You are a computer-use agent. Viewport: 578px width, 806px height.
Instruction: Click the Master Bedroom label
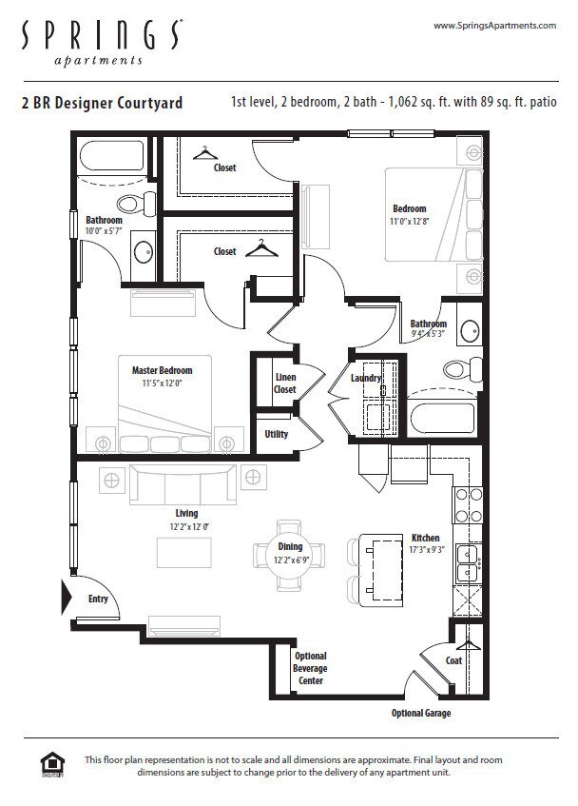(x=162, y=370)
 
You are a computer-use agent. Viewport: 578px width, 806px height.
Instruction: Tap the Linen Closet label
(x=285, y=383)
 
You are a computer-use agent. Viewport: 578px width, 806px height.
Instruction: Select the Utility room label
(x=277, y=434)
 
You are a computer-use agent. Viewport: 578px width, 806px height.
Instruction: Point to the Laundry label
(x=366, y=378)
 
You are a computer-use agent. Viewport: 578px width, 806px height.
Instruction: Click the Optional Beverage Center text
(x=310, y=668)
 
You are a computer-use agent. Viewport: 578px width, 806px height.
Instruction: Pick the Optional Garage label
(x=421, y=713)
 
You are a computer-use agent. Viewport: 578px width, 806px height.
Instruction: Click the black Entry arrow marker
(x=67, y=598)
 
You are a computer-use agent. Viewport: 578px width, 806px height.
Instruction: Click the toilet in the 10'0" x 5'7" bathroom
(x=136, y=203)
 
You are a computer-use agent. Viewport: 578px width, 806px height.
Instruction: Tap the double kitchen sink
(x=467, y=563)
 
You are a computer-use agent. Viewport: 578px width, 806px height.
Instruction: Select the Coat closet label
(x=454, y=660)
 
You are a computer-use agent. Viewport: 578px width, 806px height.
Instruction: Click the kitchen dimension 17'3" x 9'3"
(x=425, y=550)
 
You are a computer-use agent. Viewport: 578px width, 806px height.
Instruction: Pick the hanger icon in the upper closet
(x=204, y=152)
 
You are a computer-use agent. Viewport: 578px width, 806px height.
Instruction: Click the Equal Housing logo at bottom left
(x=51, y=765)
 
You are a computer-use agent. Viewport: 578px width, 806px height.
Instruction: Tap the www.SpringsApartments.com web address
(x=494, y=26)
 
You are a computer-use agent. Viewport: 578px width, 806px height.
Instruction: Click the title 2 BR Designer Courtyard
(x=102, y=103)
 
